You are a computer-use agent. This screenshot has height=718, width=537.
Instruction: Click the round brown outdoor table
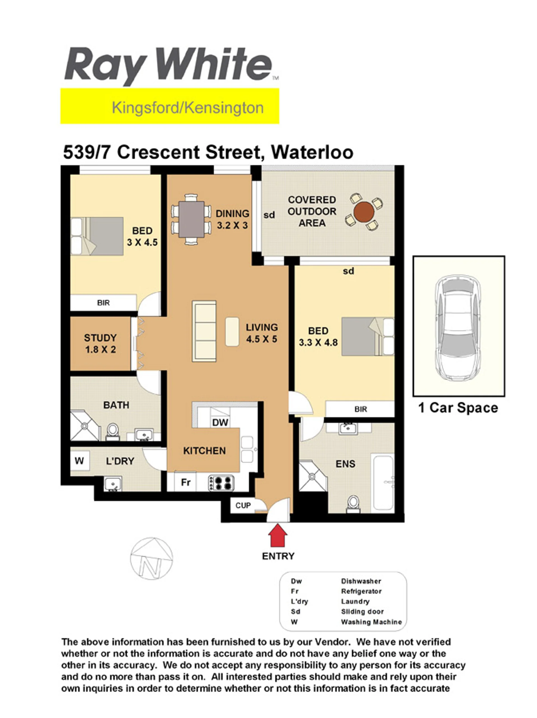[364, 212]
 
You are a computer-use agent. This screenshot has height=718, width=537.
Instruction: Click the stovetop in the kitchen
[221, 483]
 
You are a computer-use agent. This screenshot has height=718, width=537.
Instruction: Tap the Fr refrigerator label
[185, 482]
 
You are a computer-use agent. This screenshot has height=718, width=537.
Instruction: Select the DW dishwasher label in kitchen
[220, 422]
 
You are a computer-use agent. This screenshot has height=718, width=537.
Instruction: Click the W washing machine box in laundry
[79, 461]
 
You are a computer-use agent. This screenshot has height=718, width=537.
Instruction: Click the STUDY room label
[100, 338]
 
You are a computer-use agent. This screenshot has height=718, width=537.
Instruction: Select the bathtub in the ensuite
[383, 483]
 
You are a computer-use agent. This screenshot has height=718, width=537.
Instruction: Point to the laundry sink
[112, 484]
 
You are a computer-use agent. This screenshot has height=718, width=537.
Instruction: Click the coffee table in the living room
[232, 331]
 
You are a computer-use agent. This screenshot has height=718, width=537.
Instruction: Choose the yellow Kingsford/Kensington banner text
[187, 108]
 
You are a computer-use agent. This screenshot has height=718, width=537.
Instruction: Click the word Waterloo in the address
[312, 152]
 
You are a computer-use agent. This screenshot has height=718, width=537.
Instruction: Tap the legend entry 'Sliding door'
[362, 611]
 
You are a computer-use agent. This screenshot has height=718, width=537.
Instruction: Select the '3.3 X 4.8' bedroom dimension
[318, 342]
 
